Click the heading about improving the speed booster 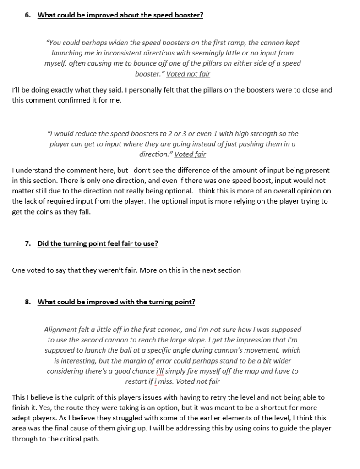[x=120, y=15]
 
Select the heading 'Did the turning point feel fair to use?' [x=98, y=243]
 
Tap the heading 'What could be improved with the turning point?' [x=116, y=302]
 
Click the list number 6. [x=28, y=15]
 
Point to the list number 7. [x=28, y=243]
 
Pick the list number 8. [x=28, y=302]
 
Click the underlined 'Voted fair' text [x=190, y=154]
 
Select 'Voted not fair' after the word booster [x=188, y=74]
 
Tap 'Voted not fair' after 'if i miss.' [x=198, y=381]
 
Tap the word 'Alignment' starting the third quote [x=61, y=330]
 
